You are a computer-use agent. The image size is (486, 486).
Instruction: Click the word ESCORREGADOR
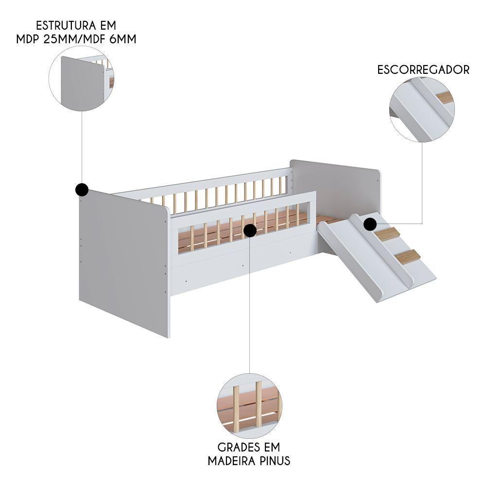pyautogui.click(x=423, y=69)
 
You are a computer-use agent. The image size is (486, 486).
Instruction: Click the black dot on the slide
pyautogui.click(x=370, y=224)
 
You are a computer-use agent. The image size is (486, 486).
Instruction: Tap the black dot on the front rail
pyautogui.click(x=250, y=230)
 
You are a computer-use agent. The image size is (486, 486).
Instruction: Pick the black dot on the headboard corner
pyautogui.click(x=82, y=190)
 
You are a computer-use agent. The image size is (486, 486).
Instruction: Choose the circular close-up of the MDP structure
pyautogui.click(x=81, y=78)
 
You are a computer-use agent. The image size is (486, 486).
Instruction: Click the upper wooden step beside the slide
pyautogui.click(x=387, y=234)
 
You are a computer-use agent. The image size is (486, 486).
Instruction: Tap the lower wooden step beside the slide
pyautogui.click(x=407, y=256)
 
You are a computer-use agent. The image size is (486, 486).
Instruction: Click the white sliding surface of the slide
pyautogui.click(x=350, y=258)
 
